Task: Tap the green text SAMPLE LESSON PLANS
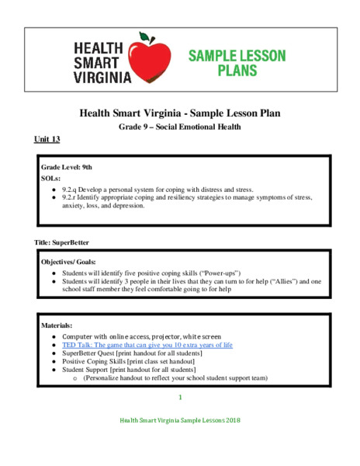[237, 63]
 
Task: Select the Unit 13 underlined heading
[47, 140]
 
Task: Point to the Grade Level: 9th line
[66, 167]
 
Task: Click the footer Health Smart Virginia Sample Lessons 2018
[180, 420]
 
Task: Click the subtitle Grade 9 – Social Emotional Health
[180, 127]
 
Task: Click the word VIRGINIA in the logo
[101, 77]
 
